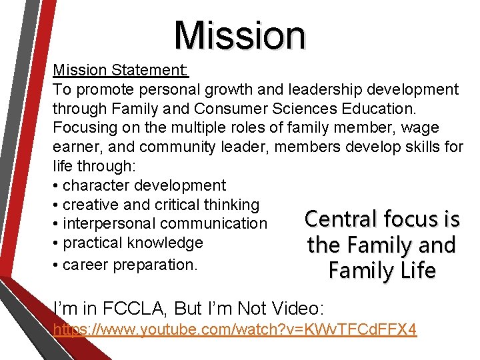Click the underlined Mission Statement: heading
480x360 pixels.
(x=121, y=70)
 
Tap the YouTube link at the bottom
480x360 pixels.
(x=235, y=329)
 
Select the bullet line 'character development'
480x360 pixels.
(x=139, y=185)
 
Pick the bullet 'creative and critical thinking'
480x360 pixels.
(x=155, y=205)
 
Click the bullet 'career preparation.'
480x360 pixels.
(x=125, y=264)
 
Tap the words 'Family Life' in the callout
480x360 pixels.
(x=381, y=271)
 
